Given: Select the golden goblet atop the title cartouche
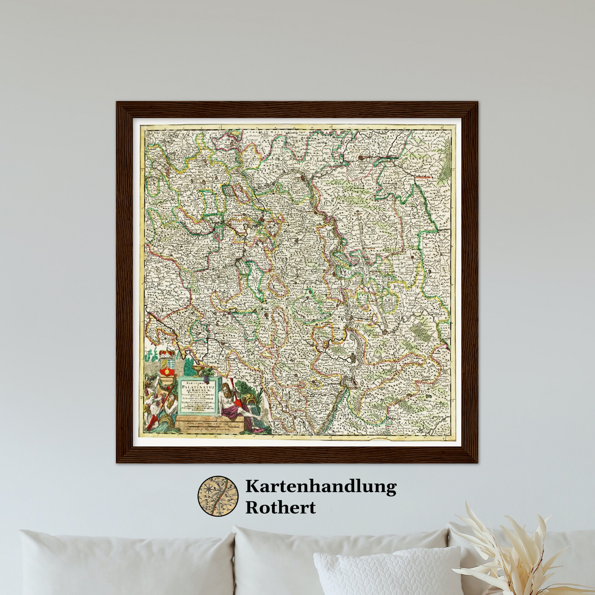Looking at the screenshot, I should [x=198, y=371].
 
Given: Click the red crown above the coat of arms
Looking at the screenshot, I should [x=167, y=353].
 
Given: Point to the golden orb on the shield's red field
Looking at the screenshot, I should [x=167, y=372].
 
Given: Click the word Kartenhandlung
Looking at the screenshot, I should [x=321, y=487].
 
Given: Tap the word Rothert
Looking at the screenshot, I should [x=280, y=507].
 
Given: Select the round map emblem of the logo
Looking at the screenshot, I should [x=218, y=496].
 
